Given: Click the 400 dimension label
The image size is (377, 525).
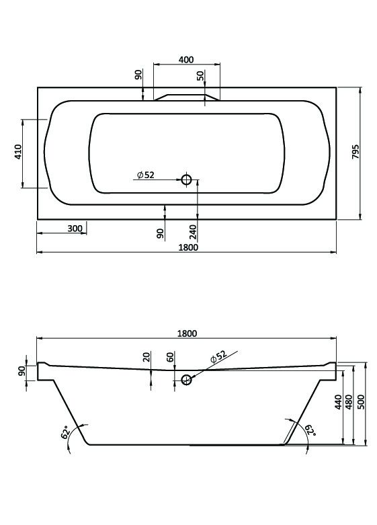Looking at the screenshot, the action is tap(186, 60).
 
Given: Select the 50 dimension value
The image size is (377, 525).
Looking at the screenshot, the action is tap(200, 76).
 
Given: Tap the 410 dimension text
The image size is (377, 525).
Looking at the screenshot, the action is tap(17, 152).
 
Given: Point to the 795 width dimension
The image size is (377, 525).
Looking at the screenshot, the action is tap(355, 152).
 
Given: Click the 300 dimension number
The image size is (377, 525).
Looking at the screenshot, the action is tap(75, 229).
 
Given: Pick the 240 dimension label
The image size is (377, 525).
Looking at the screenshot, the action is tap(193, 232).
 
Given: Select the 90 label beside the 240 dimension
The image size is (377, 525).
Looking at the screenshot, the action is tap(161, 233).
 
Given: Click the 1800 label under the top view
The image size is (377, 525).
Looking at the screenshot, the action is tap(188, 247).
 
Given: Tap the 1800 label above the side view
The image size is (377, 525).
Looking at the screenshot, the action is tap(187, 333).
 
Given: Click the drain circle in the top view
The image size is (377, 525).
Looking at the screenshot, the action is tap(186, 179).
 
